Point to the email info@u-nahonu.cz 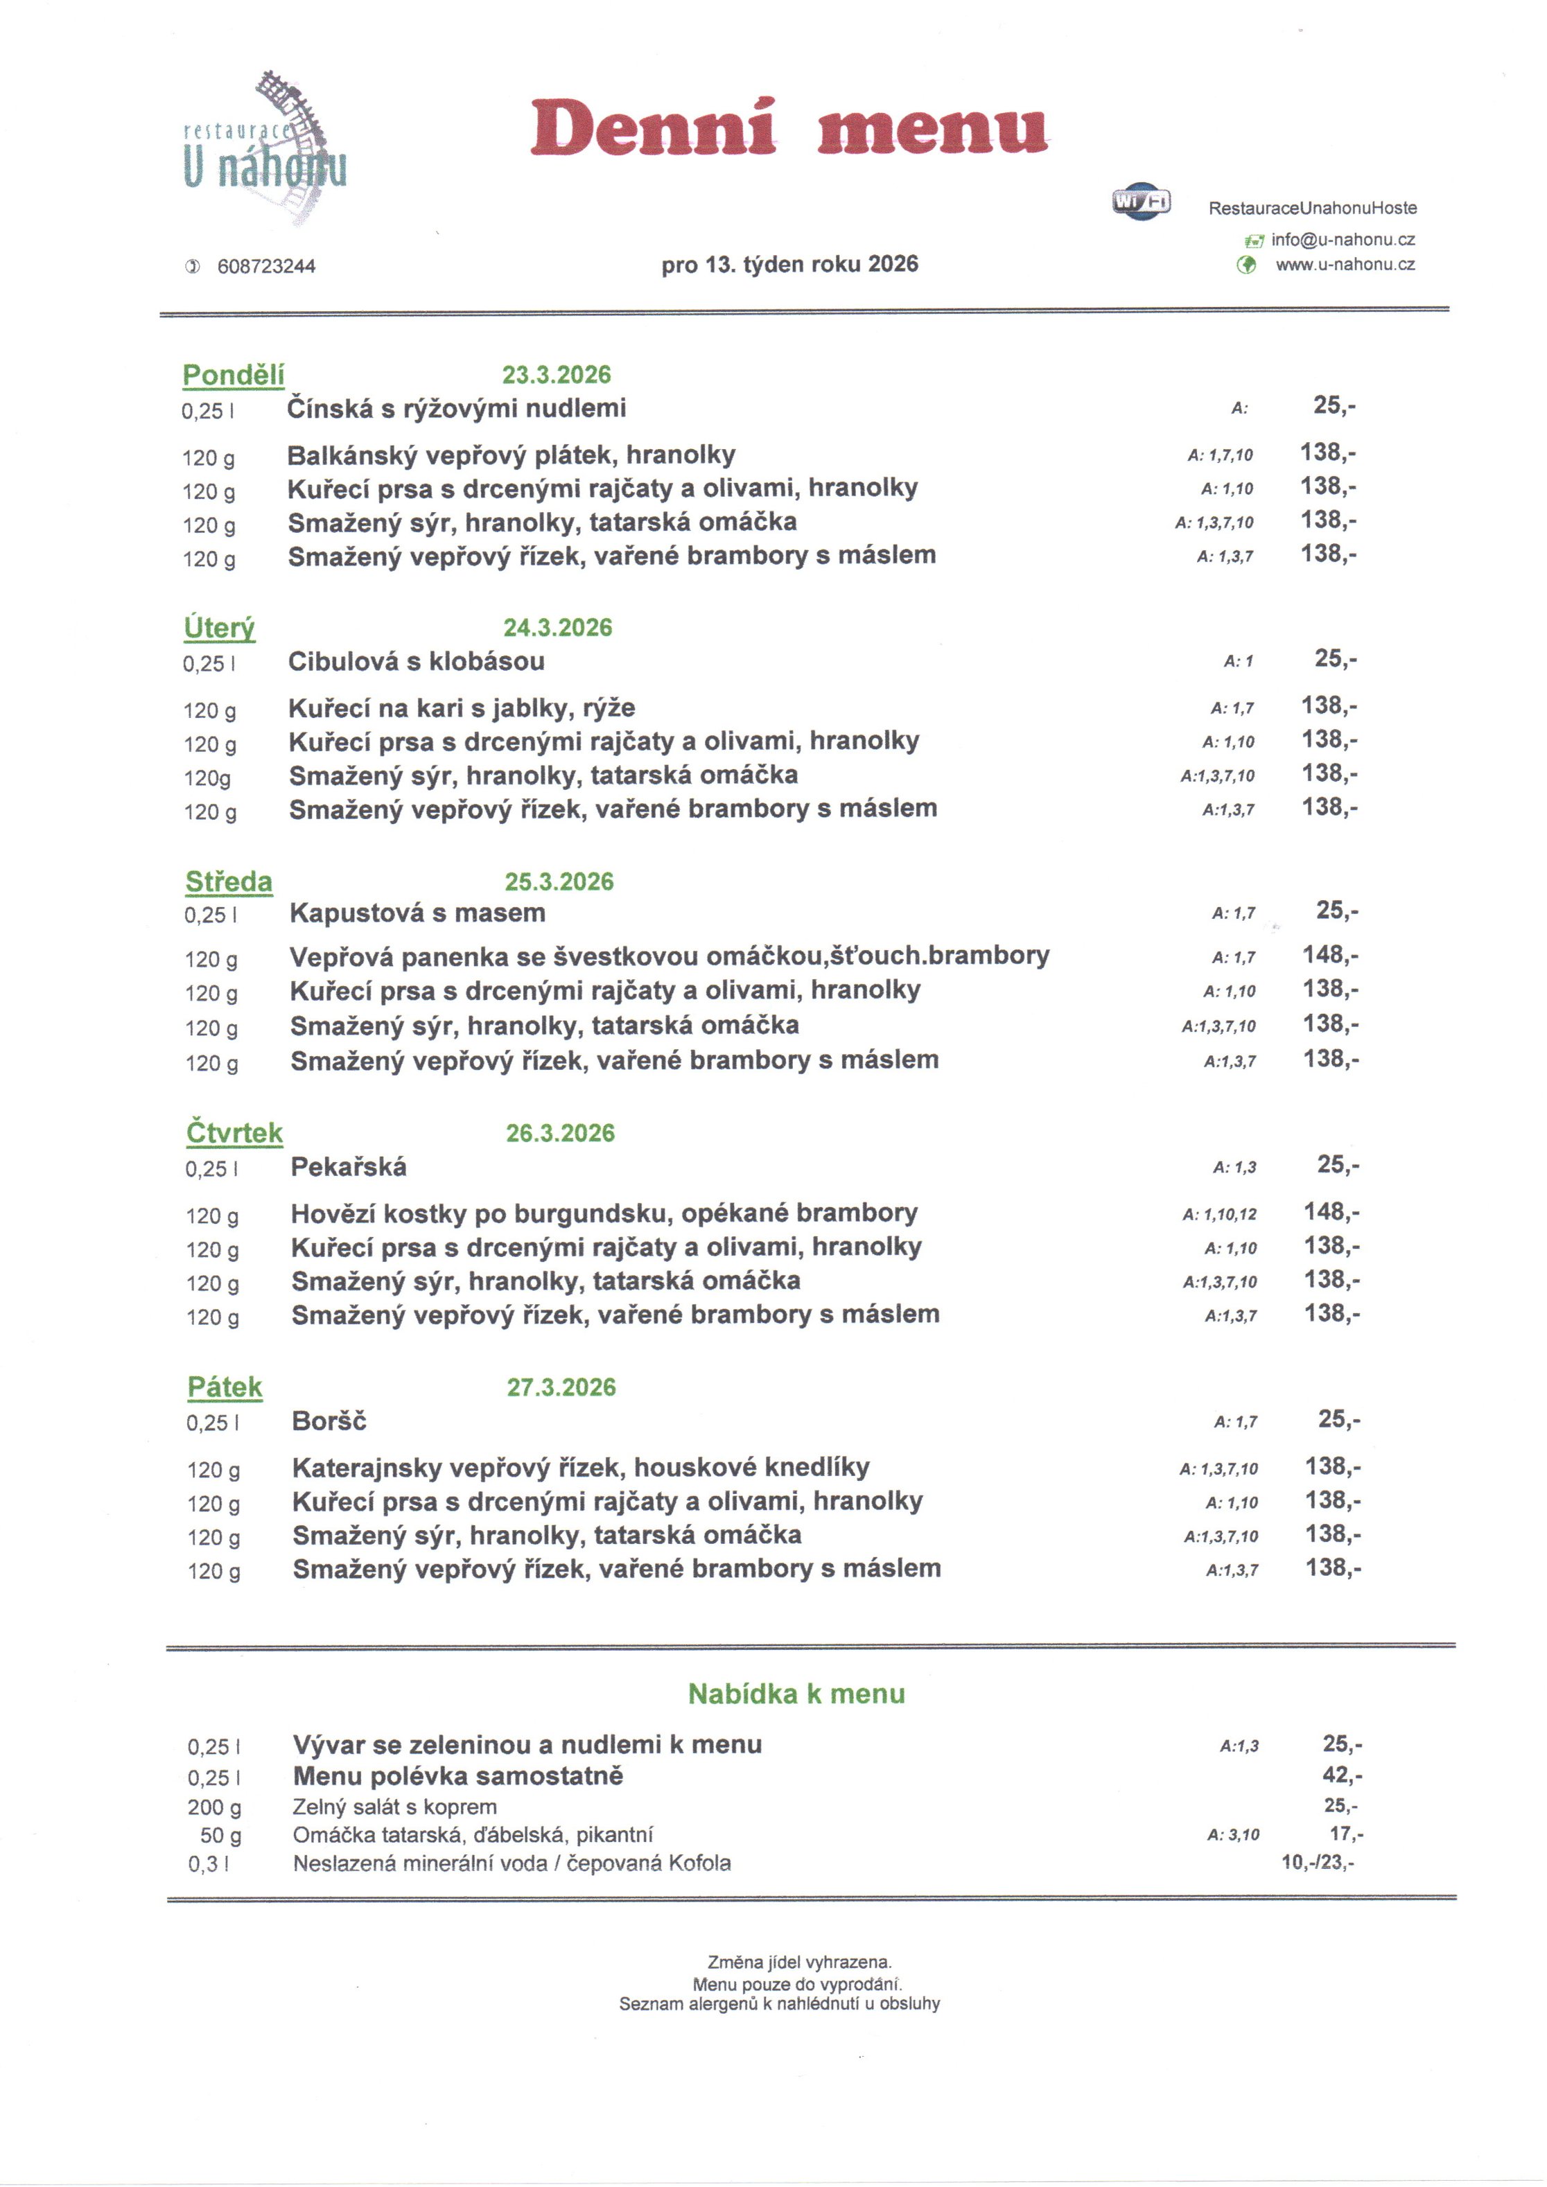click(1343, 240)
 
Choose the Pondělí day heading click(234, 376)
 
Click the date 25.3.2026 click(559, 882)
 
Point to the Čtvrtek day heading click(234, 1134)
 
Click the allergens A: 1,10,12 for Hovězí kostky click(1219, 1215)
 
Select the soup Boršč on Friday click(329, 1422)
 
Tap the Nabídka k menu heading click(796, 1694)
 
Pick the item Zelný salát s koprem click(394, 1807)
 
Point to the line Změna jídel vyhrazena click(799, 1962)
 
